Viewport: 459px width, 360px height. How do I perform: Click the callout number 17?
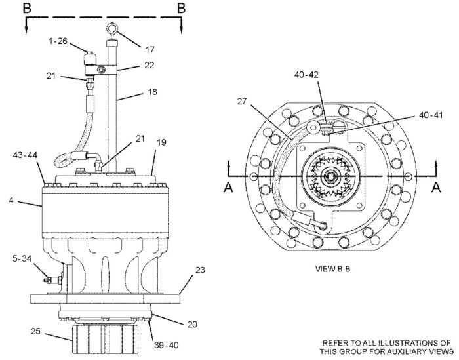(x=150, y=49)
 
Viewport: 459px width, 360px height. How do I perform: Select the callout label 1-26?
(x=58, y=41)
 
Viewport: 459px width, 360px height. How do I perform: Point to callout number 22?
(x=149, y=65)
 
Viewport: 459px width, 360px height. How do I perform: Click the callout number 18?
(x=152, y=92)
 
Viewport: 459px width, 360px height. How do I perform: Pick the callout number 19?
(x=161, y=142)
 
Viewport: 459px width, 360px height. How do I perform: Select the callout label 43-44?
(x=25, y=155)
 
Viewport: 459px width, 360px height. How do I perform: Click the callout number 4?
(x=11, y=201)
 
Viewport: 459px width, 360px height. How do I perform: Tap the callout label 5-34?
(x=22, y=258)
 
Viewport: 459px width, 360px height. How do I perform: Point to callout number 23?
(x=200, y=270)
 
